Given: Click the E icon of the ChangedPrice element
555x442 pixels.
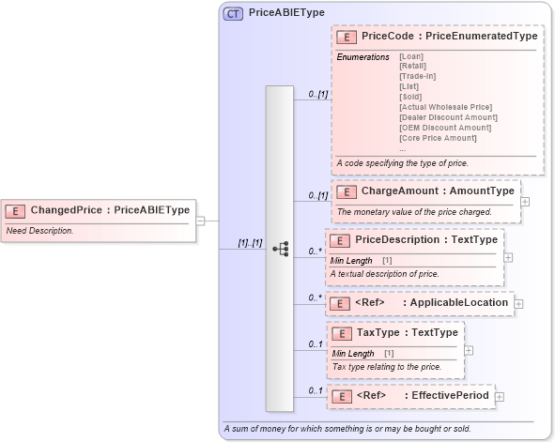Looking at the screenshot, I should click(16, 210).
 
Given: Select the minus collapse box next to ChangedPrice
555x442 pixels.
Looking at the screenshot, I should click(200, 221).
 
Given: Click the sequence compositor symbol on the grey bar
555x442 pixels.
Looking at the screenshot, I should click(280, 249).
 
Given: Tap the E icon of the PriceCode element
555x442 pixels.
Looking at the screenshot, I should click(346, 36).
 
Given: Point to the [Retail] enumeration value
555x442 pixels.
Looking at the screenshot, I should click(412, 66).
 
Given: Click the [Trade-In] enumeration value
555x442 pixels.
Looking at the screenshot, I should click(418, 76).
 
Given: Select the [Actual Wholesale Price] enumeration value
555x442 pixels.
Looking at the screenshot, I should click(446, 107).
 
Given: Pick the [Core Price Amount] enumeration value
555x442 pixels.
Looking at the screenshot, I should click(438, 138).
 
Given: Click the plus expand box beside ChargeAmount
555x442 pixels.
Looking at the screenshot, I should click(524, 201).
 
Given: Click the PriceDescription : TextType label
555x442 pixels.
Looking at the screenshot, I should click(426, 240).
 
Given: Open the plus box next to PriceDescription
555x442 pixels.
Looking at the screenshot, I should click(508, 256).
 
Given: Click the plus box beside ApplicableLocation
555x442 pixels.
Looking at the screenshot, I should click(518, 303).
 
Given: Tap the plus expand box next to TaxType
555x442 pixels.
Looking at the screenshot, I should click(468, 350).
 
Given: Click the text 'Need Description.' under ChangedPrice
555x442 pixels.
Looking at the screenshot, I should click(40, 230).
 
